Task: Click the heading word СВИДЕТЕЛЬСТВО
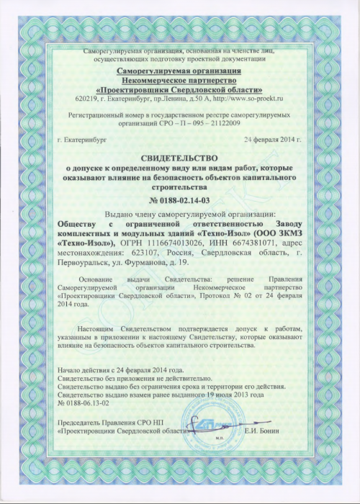pos(180,156)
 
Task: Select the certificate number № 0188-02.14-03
pos(179,199)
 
